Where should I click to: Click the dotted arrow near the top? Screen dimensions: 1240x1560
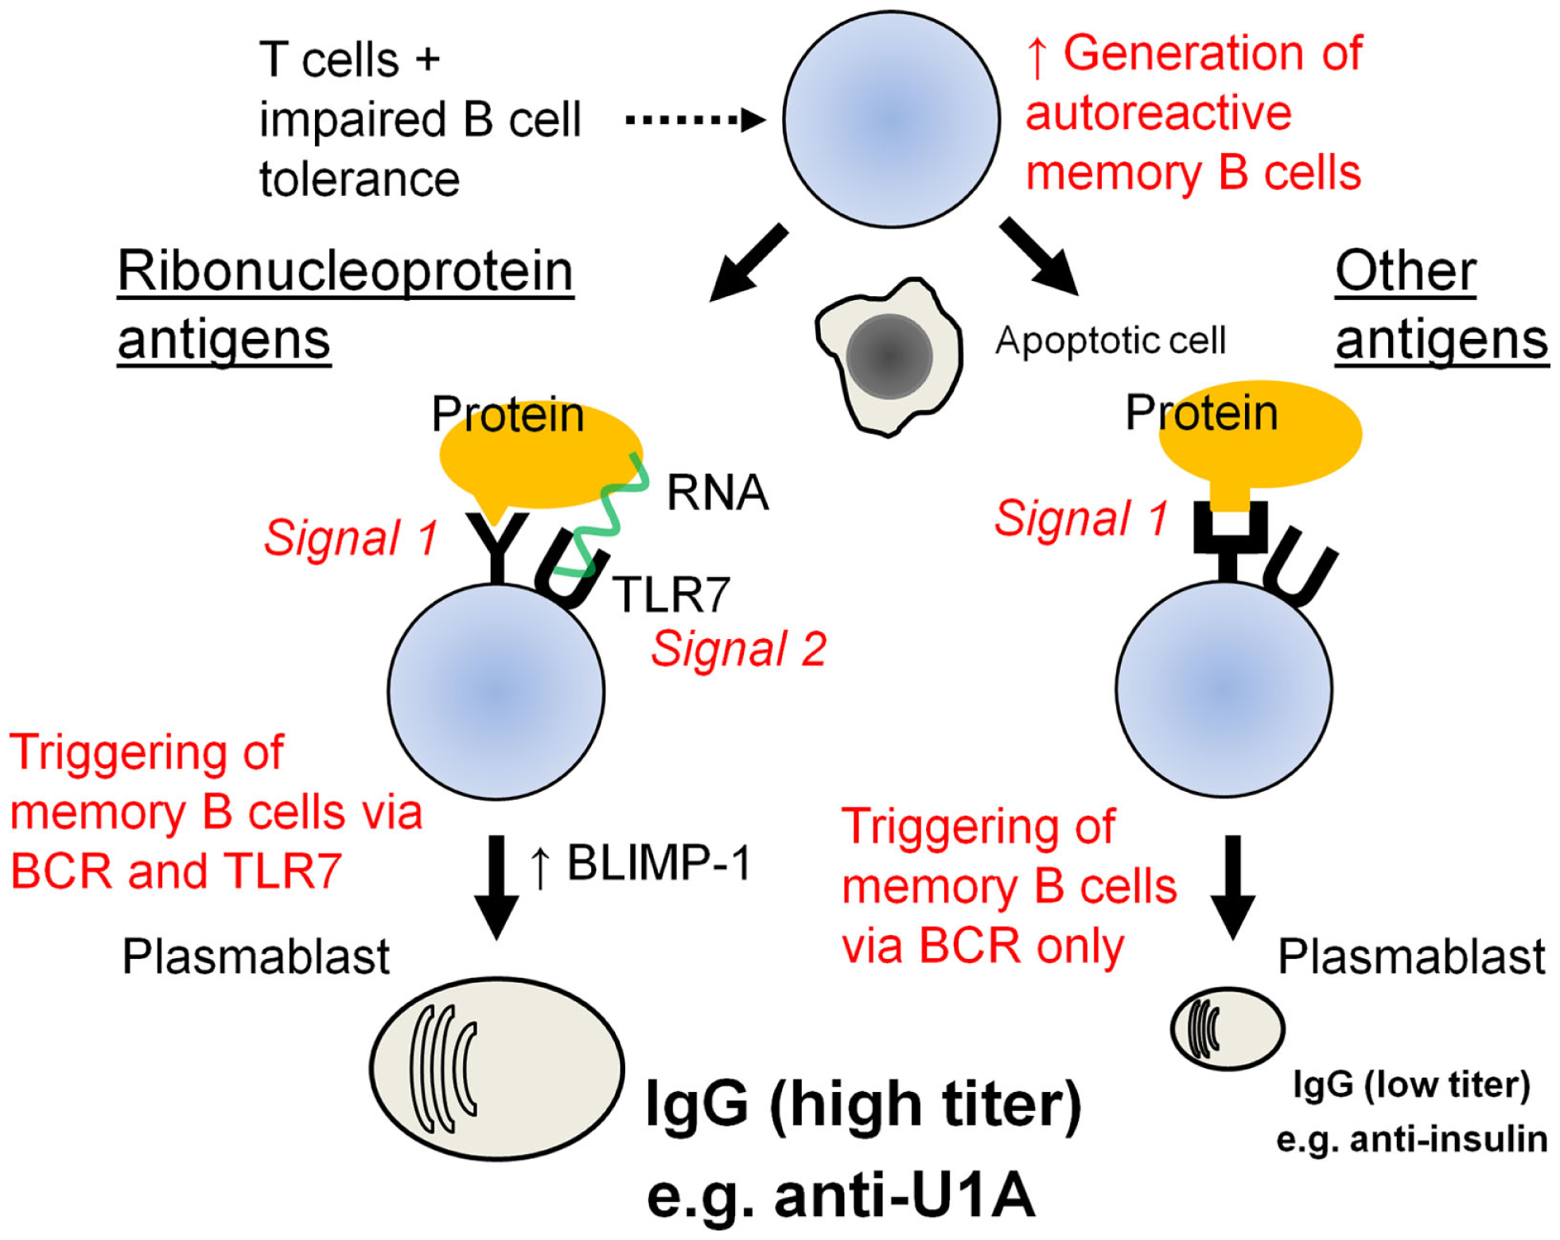694,120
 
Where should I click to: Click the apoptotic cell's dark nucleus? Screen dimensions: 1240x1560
889,357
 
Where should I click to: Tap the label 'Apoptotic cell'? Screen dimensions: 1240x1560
1110,341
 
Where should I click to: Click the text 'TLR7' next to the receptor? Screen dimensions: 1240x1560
671,594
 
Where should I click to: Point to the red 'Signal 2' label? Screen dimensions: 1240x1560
738,649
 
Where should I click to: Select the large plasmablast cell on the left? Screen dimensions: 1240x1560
496,1067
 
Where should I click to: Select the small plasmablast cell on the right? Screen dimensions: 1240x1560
1227,1028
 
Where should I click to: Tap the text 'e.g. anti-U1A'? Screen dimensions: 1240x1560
841,1195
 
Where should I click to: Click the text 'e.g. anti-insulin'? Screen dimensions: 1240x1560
1411,1139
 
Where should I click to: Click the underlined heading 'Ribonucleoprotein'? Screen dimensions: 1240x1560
345,271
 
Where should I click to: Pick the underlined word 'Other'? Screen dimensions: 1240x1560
1405,271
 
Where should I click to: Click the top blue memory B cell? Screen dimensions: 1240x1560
891,119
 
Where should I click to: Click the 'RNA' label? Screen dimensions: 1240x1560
717,492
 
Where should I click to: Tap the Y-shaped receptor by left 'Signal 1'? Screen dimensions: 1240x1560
497,546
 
